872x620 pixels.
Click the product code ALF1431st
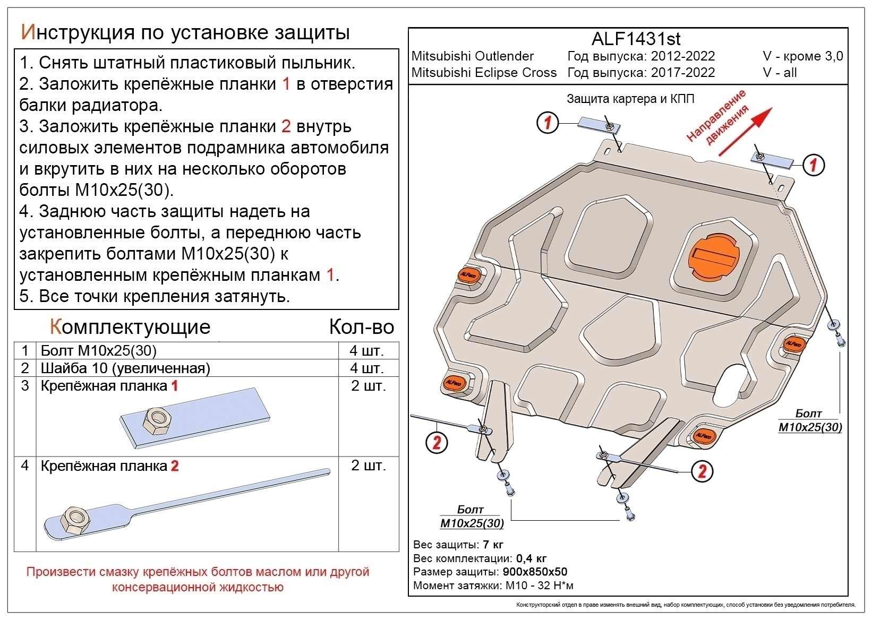tap(636, 39)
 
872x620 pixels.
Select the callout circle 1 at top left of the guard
tap(548, 123)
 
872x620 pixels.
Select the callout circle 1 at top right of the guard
tap(813, 165)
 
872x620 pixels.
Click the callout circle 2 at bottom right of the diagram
tap(702, 471)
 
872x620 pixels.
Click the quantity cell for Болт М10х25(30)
tap(366, 351)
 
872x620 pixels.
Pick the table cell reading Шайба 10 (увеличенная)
tap(125, 368)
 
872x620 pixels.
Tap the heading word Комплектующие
tap(130, 326)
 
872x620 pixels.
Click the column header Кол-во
tap(361, 326)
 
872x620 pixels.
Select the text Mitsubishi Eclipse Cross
tap(484, 73)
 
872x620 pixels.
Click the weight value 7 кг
tap(493, 545)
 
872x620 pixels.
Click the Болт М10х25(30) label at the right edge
tap(810, 420)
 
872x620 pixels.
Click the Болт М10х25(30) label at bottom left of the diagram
tap(472, 516)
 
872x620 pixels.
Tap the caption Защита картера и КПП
tap(630, 99)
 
